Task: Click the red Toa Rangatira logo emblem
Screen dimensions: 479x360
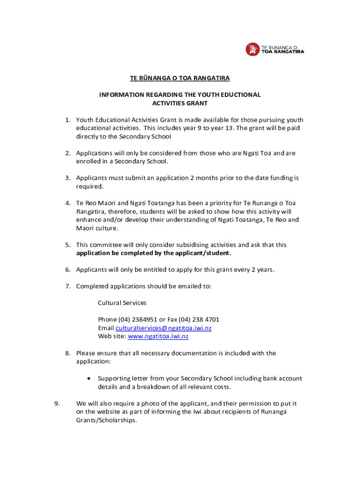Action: click(252, 49)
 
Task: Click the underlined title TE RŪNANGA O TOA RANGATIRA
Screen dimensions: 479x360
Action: click(180, 78)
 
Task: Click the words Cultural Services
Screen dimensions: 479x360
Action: click(122, 303)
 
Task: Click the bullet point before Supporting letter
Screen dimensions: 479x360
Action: click(88, 378)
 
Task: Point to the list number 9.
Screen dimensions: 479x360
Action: click(57, 404)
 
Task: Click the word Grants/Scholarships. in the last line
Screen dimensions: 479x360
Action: click(107, 421)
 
